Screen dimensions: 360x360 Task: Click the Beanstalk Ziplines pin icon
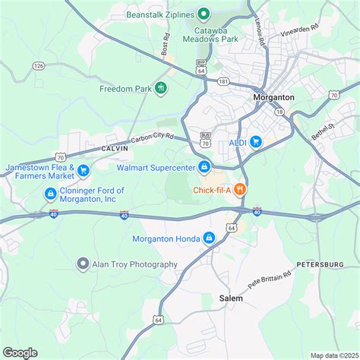204,13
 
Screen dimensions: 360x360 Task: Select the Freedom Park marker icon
161,89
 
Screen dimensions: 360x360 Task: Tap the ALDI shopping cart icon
256,141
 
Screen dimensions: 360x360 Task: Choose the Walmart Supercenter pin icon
204,167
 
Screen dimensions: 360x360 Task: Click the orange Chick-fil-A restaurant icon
238,188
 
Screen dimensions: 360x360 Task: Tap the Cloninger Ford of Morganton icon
50,194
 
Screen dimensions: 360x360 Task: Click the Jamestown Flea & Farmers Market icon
84,172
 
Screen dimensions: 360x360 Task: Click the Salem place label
231,298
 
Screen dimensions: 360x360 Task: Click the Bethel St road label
325,131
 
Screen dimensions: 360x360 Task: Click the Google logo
21,352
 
